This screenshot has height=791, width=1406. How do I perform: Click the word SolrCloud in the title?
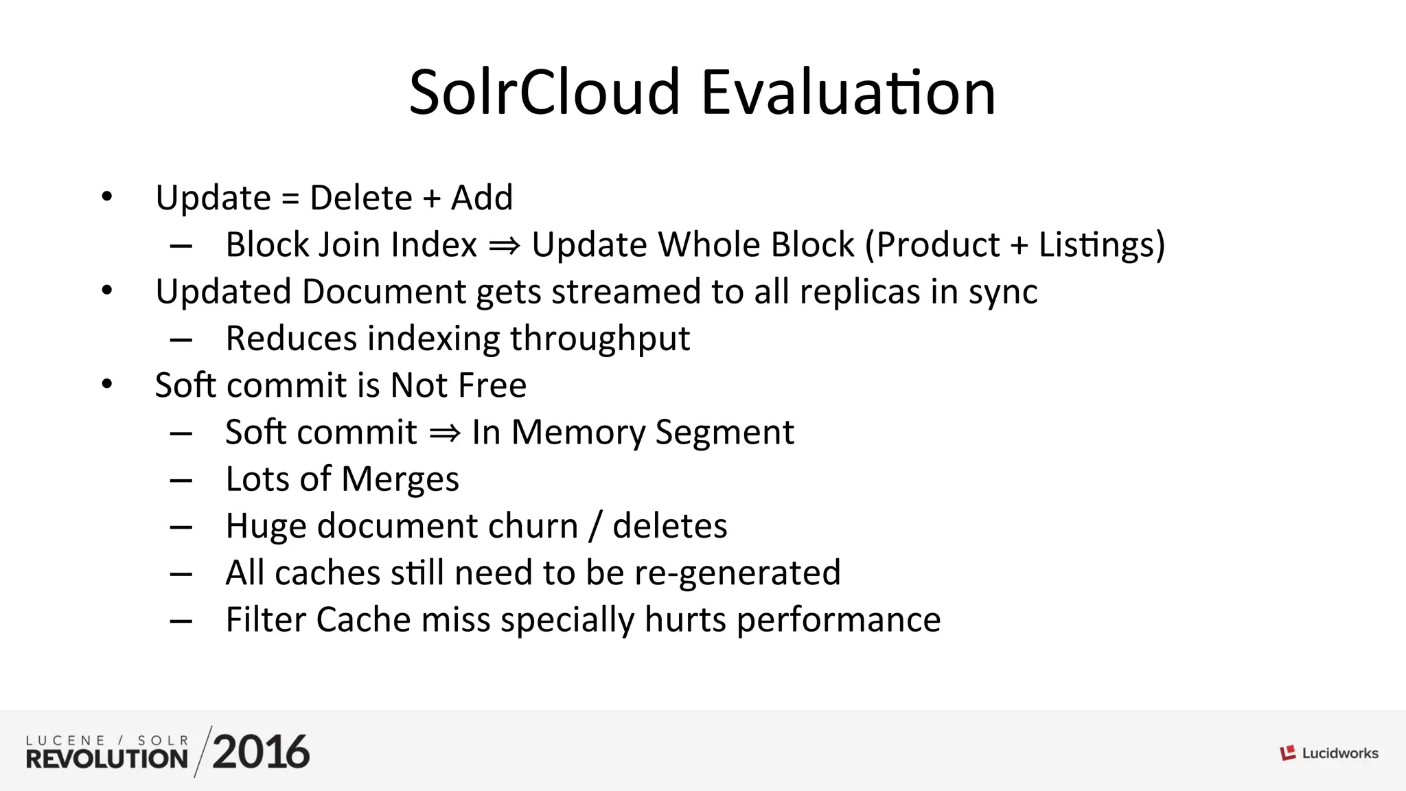pyautogui.click(x=544, y=93)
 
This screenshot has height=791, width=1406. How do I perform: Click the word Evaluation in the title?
pyautogui.click(x=848, y=93)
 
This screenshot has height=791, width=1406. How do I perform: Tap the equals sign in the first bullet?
pyautogui.click(x=290, y=199)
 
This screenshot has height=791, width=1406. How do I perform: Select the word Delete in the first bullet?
pyautogui.click(x=361, y=198)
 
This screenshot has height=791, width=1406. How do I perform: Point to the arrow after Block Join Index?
pyautogui.click(x=505, y=246)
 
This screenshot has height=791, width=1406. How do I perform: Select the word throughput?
pyautogui.click(x=599, y=339)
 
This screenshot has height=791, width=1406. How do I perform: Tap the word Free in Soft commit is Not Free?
pyautogui.click(x=492, y=385)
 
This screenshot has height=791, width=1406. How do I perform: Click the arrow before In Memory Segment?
pyautogui.click(x=445, y=433)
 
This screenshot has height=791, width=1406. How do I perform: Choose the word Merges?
pyautogui.click(x=400, y=480)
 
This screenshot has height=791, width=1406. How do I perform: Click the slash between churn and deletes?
pyautogui.click(x=595, y=527)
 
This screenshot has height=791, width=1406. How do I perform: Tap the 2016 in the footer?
pyautogui.click(x=261, y=753)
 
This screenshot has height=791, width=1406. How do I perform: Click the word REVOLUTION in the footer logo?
pyautogui.click(x=107, y=759)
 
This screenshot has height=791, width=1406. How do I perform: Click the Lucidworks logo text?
pyautogui.click(x=1339, y=753)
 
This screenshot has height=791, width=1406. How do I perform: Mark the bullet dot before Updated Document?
pyautogui.click(x=106, y=290)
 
